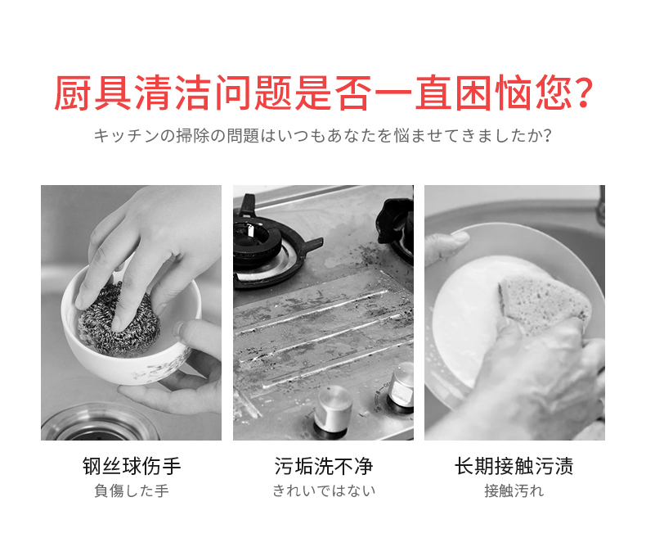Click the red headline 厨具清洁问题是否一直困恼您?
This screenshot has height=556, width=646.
point(324,93)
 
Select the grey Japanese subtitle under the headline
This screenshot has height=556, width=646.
point(322,136)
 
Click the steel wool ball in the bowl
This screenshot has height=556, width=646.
point(119,319)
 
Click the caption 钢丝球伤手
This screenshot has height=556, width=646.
point(132,466)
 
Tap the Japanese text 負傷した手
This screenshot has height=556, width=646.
point(132,490)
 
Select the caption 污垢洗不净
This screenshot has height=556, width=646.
point(324,466)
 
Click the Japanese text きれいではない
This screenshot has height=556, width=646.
point(324,490)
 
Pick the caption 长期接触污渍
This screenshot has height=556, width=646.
point(514,466)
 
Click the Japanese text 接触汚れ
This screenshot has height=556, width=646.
point(514,490)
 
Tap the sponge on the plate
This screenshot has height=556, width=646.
point(544,303)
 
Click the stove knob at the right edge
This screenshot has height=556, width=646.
point(401,386)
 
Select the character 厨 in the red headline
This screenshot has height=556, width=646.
point(73,93)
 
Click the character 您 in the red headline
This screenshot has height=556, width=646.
point(553,93)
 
